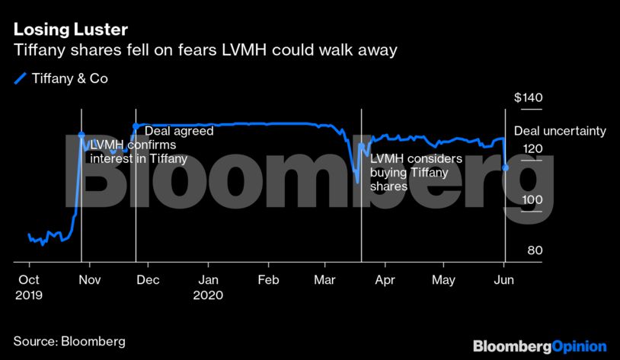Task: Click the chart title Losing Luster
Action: [x=71, y=30]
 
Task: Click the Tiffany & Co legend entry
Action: [x=69, y=78]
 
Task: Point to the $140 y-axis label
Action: [x=528, y=98]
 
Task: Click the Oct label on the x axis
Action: [x=28, y=280]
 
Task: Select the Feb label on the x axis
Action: [x=268, y=280]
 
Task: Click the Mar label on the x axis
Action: [x=325, y=280]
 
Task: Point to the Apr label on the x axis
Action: [x=385, y=280]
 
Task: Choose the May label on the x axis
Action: [x=444, y=280]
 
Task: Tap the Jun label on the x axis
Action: [x=504, y=280]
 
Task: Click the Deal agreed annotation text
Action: [x=178, y=131]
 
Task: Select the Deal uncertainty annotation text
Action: [x=560, y=131]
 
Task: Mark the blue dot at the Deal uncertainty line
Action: [x=506, y=167]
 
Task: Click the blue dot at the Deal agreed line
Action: [x=136, y=126]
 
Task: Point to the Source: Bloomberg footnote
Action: [x=69, y=341]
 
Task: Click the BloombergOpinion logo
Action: [x=539, y=346]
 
